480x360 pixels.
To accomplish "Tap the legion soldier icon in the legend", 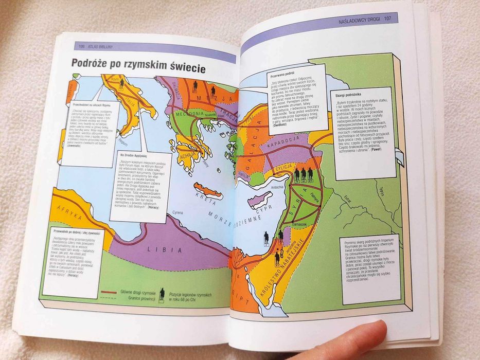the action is tap(162, 295).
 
